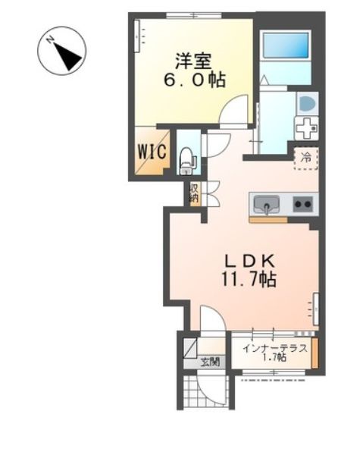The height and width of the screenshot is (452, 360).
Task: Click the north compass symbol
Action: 61,49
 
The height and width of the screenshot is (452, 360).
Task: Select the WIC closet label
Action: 151,150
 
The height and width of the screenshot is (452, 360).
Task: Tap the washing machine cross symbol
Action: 305,127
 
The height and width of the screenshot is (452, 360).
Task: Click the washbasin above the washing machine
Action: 306,102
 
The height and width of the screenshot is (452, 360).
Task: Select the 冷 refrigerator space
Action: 306,159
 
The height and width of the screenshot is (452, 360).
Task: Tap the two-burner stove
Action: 302,203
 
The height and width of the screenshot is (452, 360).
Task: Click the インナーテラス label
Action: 274,349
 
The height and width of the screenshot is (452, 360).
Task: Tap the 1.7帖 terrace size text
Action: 274,358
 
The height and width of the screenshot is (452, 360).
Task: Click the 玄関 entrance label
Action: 210,361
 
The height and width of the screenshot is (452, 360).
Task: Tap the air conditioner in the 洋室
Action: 139,34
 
